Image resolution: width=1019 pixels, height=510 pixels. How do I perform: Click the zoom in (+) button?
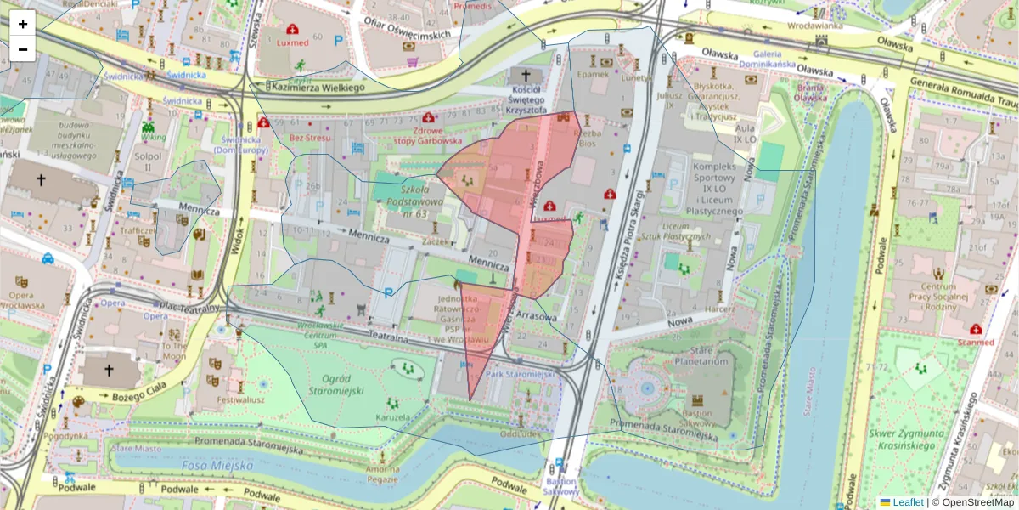point(23,24)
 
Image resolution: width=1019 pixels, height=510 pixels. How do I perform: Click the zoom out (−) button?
point(23,49)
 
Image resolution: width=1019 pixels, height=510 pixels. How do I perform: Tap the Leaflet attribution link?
point(907,502)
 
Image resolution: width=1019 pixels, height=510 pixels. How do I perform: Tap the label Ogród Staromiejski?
point(336,384)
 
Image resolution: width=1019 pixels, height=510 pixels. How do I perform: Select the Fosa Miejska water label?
point(217,466)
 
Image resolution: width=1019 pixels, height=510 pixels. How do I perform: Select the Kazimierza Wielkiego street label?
point(316,87)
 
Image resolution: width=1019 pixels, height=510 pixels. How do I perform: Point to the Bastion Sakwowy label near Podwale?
point(560,485)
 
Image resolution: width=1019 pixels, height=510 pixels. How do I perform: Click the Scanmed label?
point(977,342)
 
